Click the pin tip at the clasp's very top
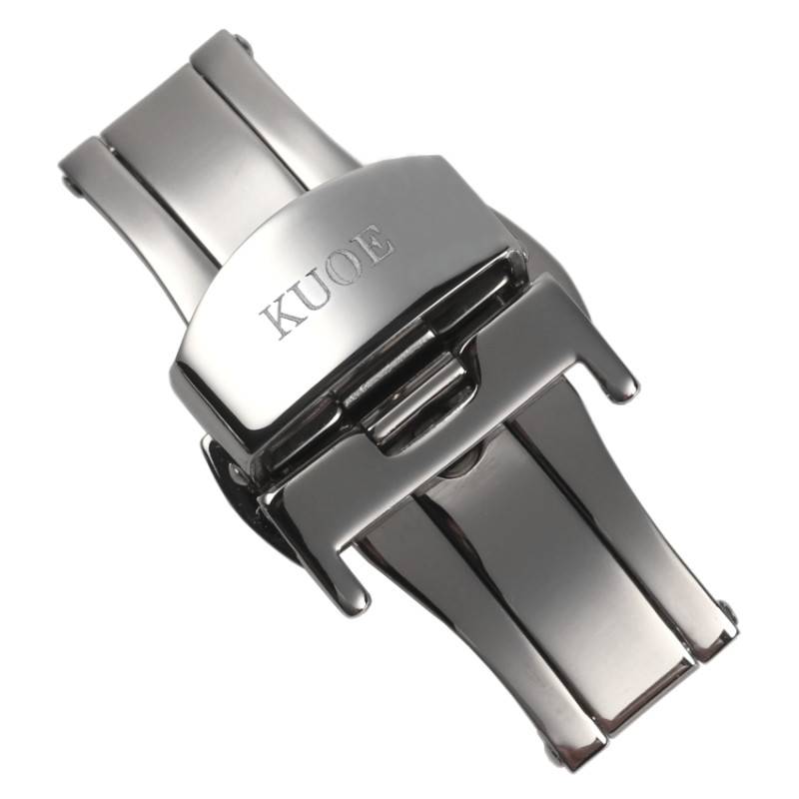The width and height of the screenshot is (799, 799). [x=242, y=41]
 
